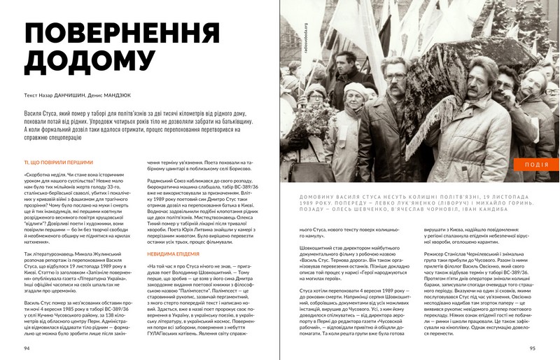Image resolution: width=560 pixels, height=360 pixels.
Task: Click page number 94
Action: [x=27, y=348]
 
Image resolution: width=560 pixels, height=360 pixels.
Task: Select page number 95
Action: [x=533, y=348]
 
